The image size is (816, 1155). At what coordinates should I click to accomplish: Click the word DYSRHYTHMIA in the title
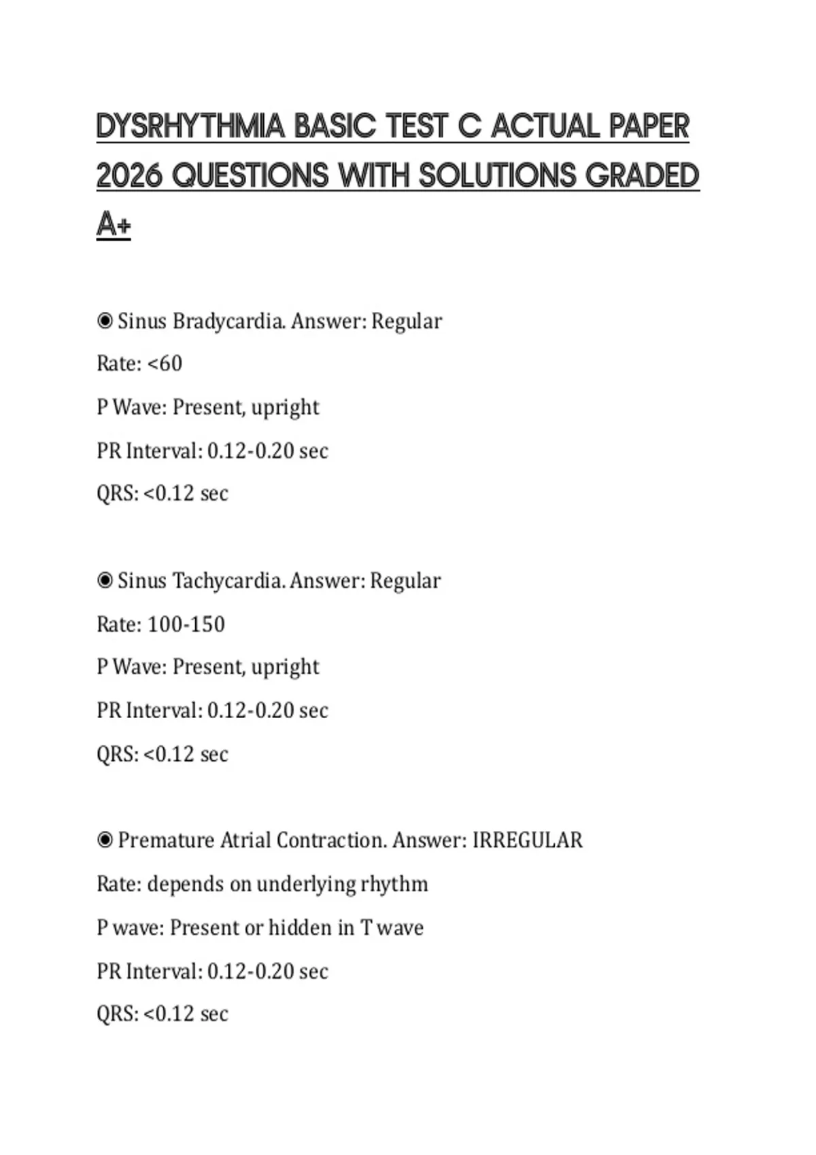(190, 126)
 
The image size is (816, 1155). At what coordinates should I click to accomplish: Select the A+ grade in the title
(113, 225)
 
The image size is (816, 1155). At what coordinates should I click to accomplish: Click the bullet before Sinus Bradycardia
(105, 321)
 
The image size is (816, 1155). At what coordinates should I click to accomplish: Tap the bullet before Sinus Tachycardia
(105, 581)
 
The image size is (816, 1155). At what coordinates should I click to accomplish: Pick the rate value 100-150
(186, 624)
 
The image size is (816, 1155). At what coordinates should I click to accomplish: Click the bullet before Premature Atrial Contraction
(105, 840)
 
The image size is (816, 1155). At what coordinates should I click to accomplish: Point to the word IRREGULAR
(528, 840)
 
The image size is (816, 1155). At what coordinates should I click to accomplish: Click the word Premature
(166, 840)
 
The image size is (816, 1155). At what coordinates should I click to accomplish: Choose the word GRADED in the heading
(642, 176)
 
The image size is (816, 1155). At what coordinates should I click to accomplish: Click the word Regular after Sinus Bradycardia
(407, 321)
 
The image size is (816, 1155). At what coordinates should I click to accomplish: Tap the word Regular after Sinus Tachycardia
(405, 581)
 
